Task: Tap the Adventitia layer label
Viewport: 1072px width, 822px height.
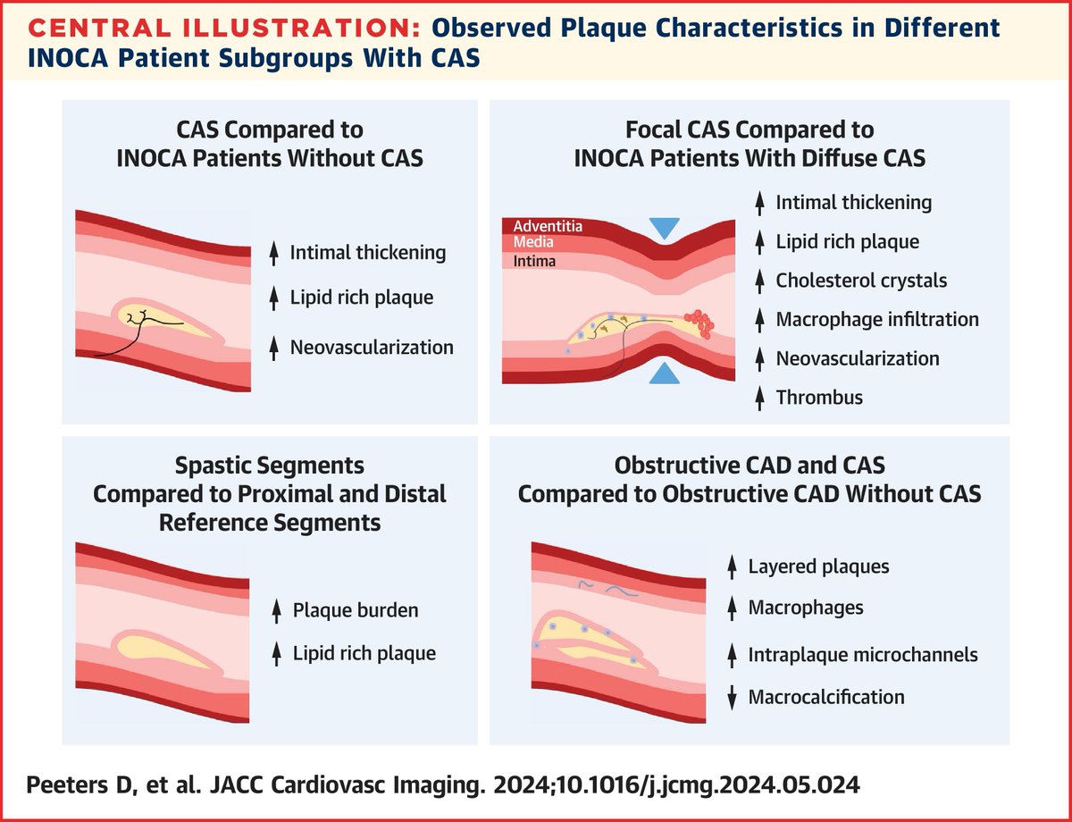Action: (x=547, y=226)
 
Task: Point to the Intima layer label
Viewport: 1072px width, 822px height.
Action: (x=535, y=262)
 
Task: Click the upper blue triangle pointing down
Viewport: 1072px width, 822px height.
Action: (x=663, y=228)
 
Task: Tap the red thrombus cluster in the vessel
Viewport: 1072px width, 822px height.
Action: (x=697, y=323)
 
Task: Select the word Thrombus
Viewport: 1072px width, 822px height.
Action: (x=819, y=398)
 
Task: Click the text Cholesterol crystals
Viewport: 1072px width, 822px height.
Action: (x=861, y=281)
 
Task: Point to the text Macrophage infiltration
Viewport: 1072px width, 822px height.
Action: (x=877, y=319)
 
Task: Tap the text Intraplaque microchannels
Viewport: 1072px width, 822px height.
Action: (x=863, y=654)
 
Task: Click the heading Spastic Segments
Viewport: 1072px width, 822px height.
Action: (x=270, y=466)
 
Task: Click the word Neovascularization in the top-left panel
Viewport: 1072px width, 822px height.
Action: (x=371, y=347)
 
